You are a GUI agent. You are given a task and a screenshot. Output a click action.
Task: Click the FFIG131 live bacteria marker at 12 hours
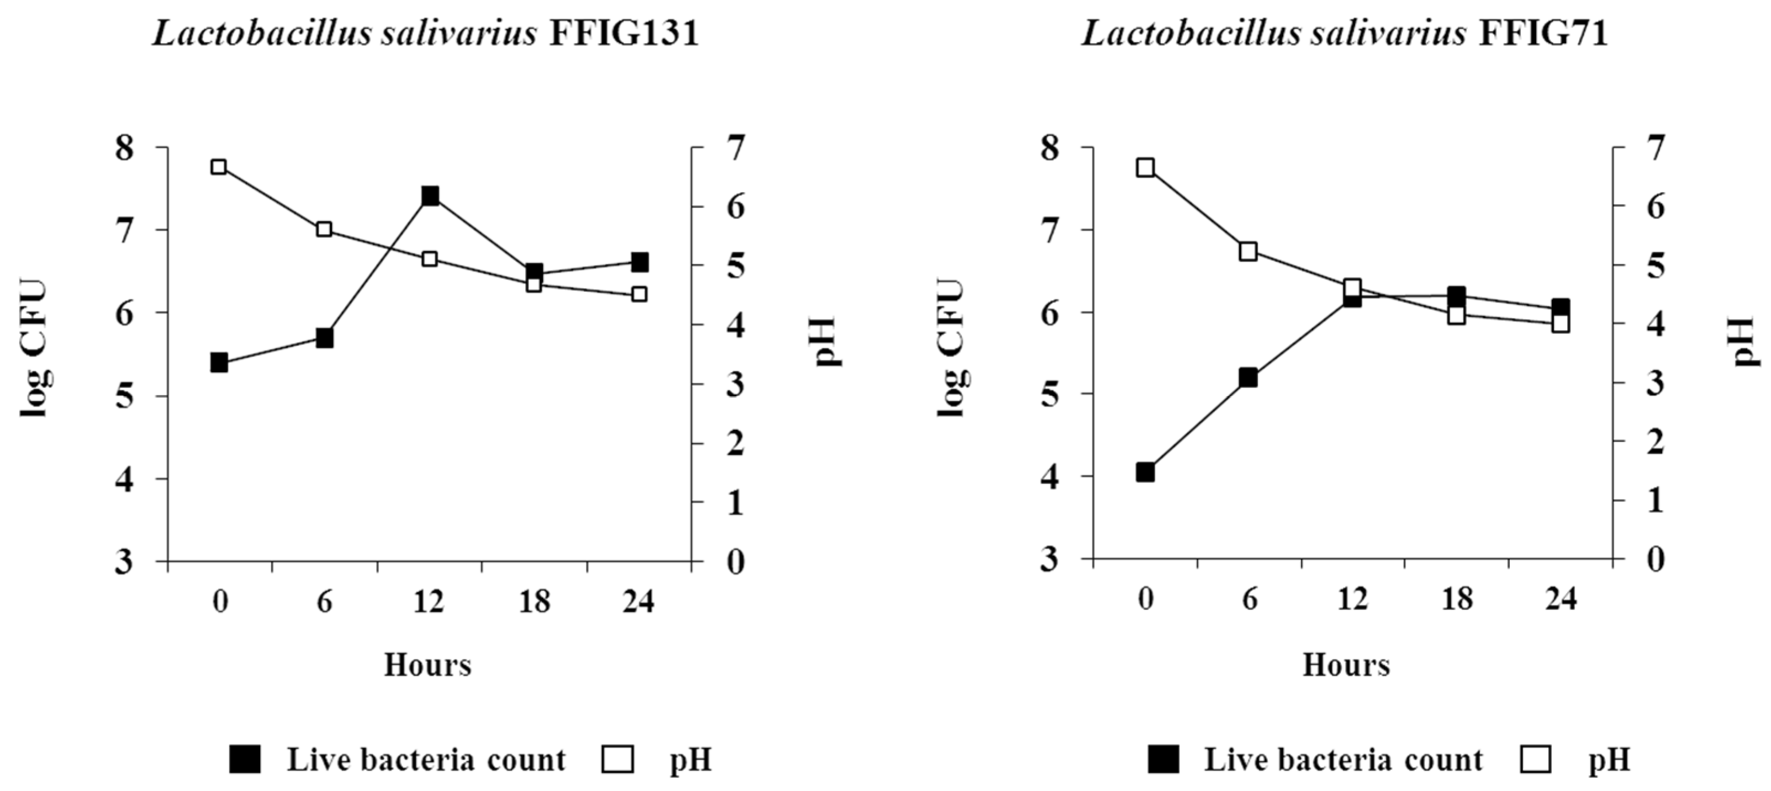pos(430,196)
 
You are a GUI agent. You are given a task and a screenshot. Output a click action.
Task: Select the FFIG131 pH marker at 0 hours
pos(219,167)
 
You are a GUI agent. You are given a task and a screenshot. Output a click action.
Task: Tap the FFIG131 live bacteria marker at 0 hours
pos(219,362)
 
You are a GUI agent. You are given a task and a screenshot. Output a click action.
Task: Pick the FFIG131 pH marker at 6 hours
pos(325,230)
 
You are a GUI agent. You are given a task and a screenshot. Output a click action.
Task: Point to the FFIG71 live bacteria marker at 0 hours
pos(1145,472)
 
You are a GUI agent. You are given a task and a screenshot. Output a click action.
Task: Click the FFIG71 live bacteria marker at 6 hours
pos(1249,378)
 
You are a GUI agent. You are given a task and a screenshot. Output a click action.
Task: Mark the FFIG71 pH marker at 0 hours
pos(1145,168)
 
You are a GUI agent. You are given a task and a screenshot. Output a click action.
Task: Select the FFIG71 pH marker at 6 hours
pos(1249,252)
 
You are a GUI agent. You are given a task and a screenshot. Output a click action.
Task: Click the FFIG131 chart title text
pos(426,33)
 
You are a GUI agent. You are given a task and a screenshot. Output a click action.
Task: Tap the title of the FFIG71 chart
pos(1345,33)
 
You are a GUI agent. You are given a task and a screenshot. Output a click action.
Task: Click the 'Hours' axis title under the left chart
pos(427,665)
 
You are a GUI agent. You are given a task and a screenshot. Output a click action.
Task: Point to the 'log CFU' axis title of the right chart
pos(951,347)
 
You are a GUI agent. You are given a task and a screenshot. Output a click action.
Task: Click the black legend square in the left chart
pos(245,760)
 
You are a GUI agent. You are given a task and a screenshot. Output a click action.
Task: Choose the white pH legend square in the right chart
pos(1537,760)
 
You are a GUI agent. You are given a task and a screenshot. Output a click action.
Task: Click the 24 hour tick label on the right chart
pos(1561,599)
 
